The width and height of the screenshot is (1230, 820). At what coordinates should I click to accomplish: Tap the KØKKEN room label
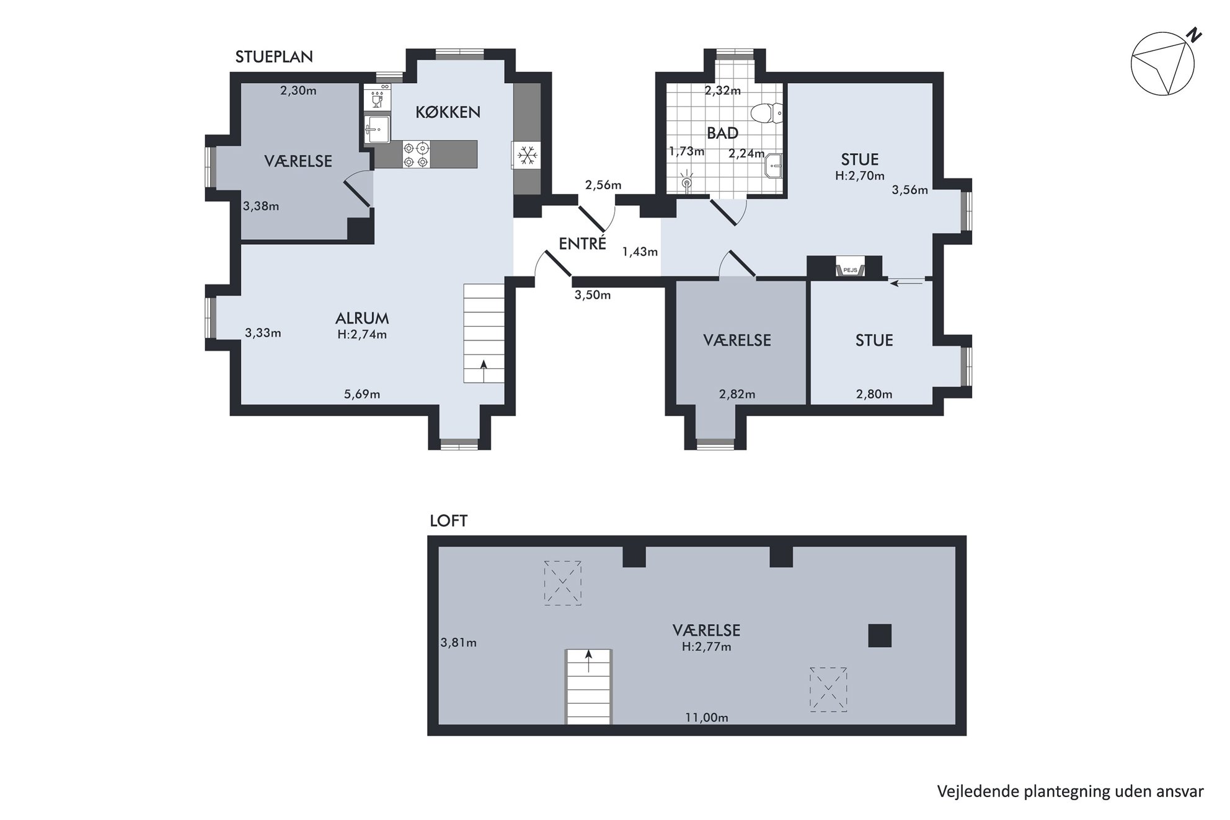tap(448, 112)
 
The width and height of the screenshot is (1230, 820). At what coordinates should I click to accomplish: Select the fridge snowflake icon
tap(526, 155)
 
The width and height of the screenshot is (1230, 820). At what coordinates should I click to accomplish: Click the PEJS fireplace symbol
tap(850, 268)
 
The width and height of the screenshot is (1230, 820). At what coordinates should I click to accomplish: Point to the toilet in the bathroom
tap(766, 113)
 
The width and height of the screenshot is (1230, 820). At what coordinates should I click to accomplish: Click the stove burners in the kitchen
tap(416, 154)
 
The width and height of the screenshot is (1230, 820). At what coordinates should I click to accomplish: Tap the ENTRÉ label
tap(582, 244)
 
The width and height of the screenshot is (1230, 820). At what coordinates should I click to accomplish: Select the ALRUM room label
tap(362, 319)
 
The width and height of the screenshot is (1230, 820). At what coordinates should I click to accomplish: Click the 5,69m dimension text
tap(362, 394)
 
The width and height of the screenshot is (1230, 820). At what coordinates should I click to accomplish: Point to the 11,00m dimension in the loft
tap(706, 718)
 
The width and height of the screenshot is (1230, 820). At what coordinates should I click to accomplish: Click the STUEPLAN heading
tap(274, 57)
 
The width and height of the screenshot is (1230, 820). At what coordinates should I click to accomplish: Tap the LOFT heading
tap(448, 521)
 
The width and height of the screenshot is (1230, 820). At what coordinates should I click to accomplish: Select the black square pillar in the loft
tap(879, 635)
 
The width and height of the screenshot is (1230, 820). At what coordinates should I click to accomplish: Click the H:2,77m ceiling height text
tap(706, 647)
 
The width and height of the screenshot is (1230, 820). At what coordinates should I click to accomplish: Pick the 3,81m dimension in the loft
tap(458, 643)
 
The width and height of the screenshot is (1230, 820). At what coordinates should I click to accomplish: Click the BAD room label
tap(723, 133)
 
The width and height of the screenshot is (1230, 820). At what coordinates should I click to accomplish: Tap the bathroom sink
tap(774, 165)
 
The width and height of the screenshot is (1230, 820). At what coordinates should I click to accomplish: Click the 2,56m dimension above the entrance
tap(603, 185)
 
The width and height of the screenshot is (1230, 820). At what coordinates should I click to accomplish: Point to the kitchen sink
tap(377, 128)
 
